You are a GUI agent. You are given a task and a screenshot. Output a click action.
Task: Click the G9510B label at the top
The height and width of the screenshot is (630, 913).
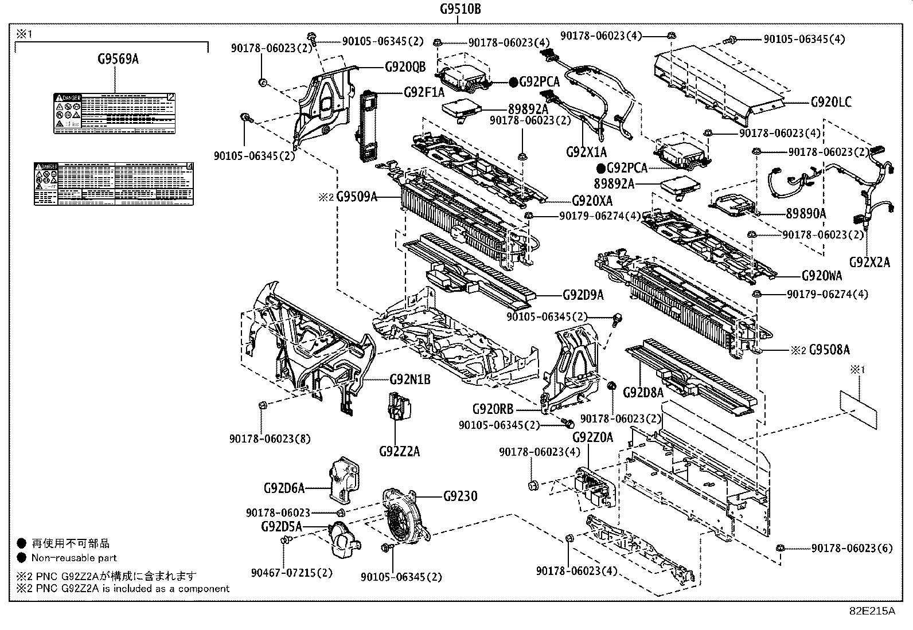460,9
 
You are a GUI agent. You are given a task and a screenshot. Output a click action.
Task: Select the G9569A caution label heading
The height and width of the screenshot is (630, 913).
117,58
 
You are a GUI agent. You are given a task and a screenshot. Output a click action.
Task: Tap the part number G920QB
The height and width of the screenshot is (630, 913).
405,67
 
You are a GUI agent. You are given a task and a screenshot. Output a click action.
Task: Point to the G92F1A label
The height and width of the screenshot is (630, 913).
424,92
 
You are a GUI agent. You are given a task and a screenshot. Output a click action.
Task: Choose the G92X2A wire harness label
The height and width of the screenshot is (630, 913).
869,262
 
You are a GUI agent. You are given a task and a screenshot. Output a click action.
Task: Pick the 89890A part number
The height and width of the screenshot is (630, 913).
806,213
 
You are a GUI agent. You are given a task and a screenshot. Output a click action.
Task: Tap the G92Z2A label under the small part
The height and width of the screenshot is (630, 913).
399,452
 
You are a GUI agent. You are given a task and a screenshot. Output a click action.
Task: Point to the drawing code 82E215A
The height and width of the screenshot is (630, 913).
872,611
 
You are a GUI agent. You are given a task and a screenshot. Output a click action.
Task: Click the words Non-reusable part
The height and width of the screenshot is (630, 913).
74,558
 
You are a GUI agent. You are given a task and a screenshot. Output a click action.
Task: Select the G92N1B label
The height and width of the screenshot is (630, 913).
410,379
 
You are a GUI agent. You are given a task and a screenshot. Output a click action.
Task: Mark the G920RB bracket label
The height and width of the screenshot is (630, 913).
493,409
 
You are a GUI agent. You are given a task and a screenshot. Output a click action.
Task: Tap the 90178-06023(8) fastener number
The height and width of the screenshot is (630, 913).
270,439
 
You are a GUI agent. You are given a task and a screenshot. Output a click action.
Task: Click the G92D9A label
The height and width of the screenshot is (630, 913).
583,295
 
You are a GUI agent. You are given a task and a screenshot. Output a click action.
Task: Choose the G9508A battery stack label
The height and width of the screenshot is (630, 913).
829,349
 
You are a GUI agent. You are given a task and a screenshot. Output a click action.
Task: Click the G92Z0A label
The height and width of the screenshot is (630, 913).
592,437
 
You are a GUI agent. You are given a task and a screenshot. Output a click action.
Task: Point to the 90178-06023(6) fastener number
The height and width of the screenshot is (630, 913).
852,549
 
